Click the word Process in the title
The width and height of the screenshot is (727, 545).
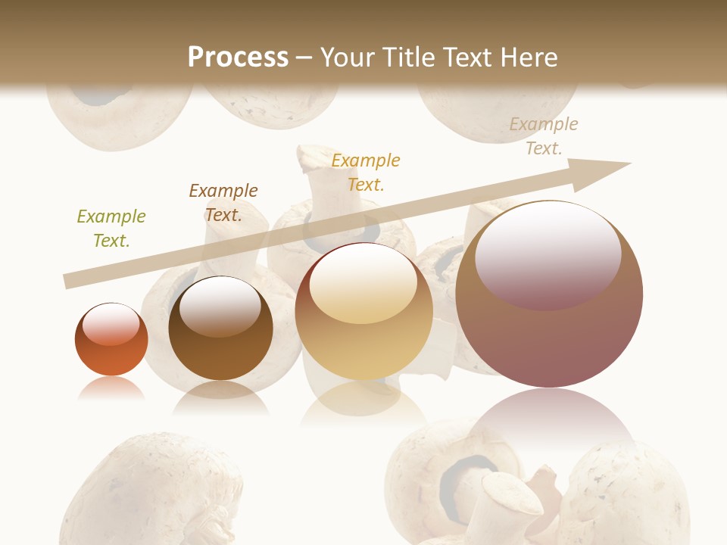coord(238,57)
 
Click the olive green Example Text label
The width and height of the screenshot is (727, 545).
coord(111,229)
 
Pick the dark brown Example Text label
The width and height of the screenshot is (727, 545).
coord(223,203)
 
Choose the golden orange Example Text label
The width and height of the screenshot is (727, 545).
coord(366,172)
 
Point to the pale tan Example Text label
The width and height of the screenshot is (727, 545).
coord(543,136)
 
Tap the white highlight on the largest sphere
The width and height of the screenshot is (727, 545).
coord(548,254)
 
